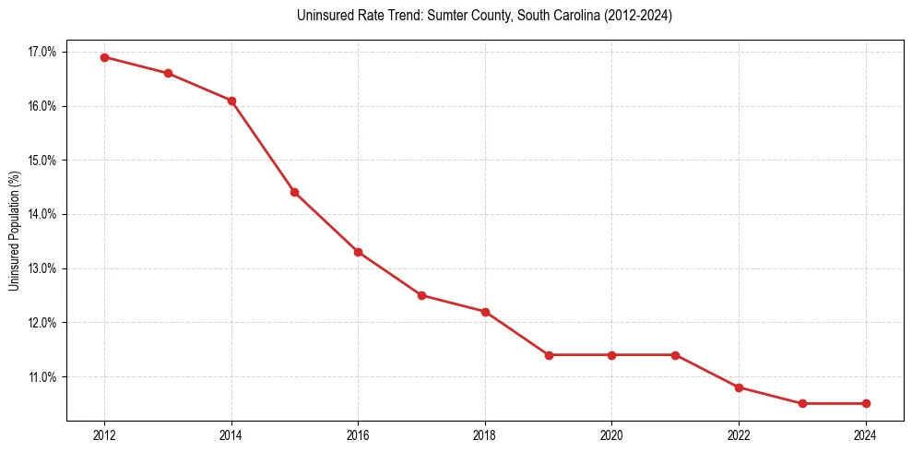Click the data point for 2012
click(x=104, y=57)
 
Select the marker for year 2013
click(x=168, y=73)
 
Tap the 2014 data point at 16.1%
click(x=231, y=101)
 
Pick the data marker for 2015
click(x=294, y=192)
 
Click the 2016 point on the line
click(x=358, y=252)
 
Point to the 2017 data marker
click(x=421, y=295)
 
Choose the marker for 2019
click(x=549, y=355)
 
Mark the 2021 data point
click(x=675, y=355)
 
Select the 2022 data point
click(x=739, y=387)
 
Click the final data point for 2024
click(x=866, y=403)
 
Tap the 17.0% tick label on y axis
click(x=41, y=52)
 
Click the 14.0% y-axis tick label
click(x=41, y=214)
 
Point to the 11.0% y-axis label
click(x=41, y=377)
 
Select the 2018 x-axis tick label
click(x=485, y=435)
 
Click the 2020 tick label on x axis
click(x=611, y=435)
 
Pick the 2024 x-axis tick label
click(x=866, y=435)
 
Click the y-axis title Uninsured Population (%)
click(x=14, y=231)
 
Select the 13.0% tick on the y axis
click(x=41, y=268)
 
